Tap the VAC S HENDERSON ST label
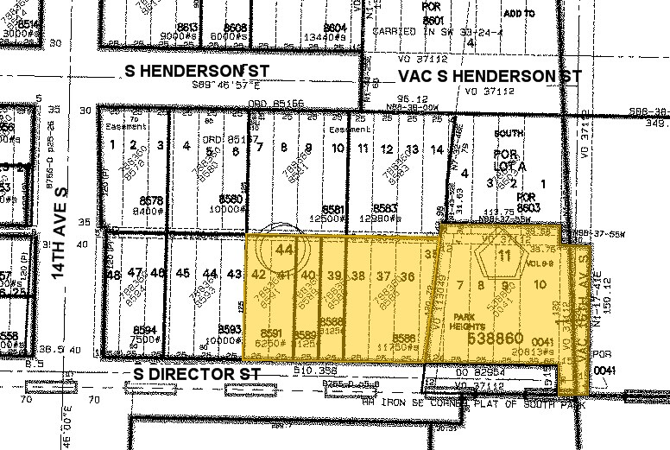pos(490,77)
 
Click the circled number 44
pos(282,250)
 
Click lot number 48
pos(112,274)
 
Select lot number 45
pos(182,274)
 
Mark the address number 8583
pos(384,208)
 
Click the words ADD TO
pos(519,14)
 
